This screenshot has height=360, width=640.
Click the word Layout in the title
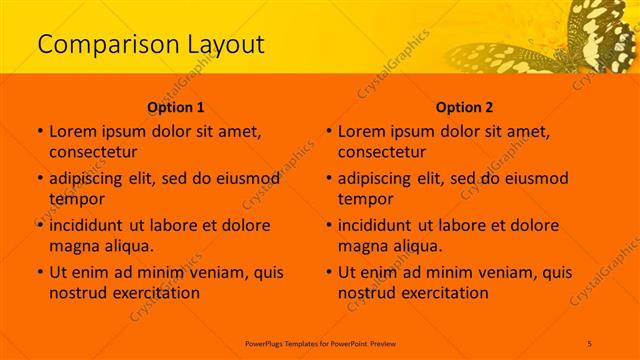coord(219,45)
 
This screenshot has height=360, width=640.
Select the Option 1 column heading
coord(176,107)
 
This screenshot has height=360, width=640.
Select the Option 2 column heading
coord(464,107)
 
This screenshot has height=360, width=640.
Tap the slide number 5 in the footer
coord(590,342)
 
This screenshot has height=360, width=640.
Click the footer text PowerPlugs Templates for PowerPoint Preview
coord(319,342)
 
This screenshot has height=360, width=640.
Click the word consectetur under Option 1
coord(93,152)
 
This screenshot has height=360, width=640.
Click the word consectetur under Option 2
coord(382,152)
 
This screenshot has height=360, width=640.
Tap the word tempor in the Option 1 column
coord(76,198)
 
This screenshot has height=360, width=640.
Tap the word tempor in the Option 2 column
coord(365,198)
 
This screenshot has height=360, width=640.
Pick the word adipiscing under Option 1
coord(91,179)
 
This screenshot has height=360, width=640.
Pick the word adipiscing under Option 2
coord(380,179)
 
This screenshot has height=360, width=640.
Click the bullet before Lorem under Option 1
coord(39,131)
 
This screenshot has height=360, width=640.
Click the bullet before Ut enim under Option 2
coord(328,272)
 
